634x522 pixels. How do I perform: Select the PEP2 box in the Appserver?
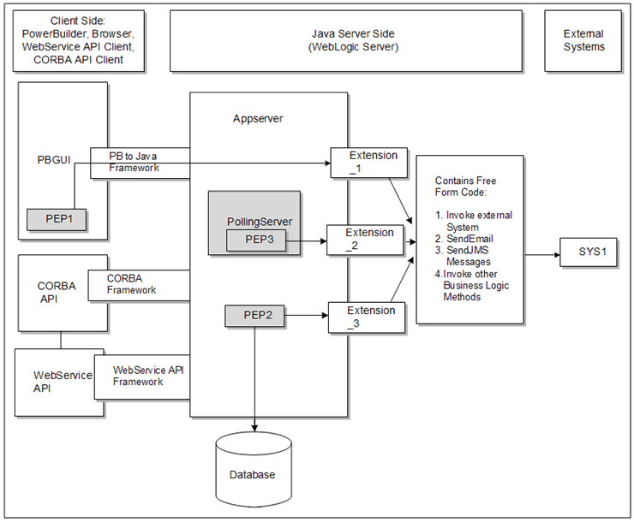[x=254, y=316]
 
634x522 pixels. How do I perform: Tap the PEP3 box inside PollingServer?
[x=255, y=240]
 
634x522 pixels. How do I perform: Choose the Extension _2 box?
[x=365, y=240]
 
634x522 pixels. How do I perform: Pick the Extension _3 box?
[x=366, y=317]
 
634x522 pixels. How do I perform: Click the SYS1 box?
[x=588, y=254]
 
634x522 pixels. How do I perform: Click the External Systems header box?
[x=583, y=40]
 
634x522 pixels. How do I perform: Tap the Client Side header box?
[x=79, y=40]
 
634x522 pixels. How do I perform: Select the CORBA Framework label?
[x=132, y=284]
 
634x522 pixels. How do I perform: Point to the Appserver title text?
[x=258, y=119]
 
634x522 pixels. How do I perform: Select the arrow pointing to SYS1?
[x=541, y=254]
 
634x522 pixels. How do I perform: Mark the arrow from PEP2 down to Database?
[x=254, y=377]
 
